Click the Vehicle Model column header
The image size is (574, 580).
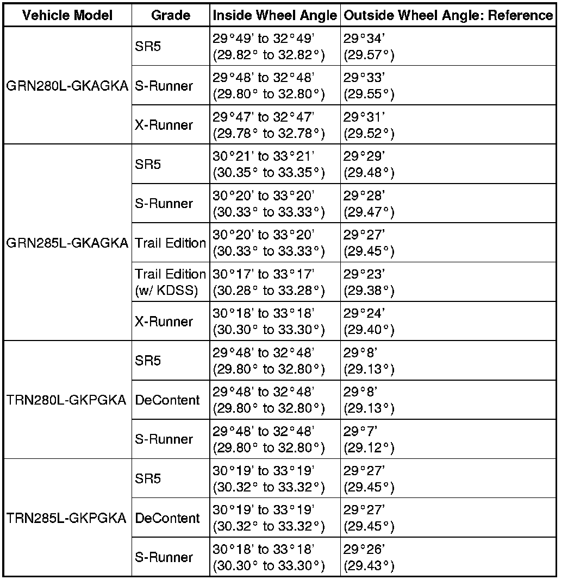click(x=67, y=16)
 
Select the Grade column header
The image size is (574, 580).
click(x=170, y=16)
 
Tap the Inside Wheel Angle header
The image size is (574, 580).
click(x=274, y=16)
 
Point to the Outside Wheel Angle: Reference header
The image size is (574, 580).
click(x=448, y=16)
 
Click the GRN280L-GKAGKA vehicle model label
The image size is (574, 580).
click(x=67, y=86)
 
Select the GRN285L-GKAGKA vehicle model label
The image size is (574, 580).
click(x=67, y=243)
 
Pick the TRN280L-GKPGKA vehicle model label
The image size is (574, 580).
click(x=67, y=400)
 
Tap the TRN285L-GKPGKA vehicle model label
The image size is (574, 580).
click(x=67, y=518)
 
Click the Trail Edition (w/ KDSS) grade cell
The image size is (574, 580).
click(x=170, y=282)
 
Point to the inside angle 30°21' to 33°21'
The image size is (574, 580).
click(x=269, y=164)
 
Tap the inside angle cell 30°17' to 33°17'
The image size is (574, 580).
click(x=269, y=282)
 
